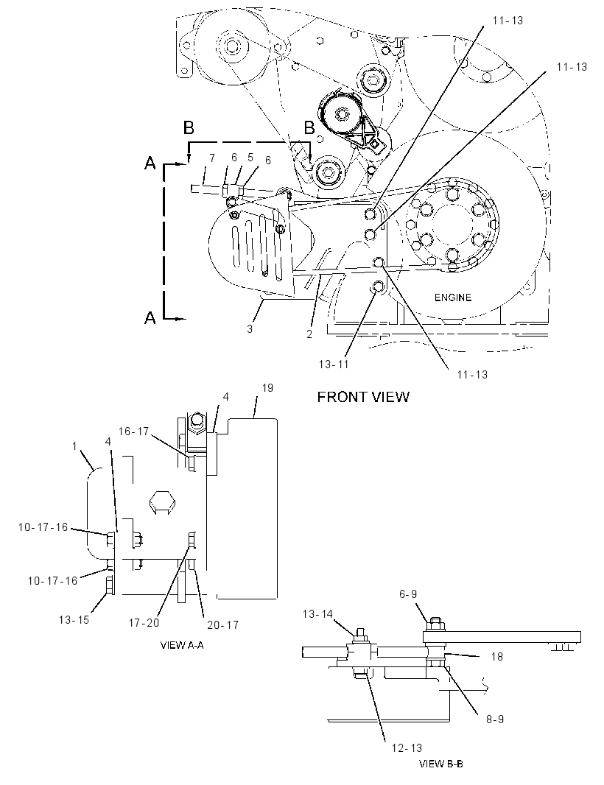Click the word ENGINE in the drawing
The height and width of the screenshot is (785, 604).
pos(453,298)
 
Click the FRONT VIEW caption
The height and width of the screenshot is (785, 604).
pos(364,397)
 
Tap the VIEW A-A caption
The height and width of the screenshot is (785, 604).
pos(182,645)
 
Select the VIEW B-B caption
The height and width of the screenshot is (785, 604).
pos(440,764)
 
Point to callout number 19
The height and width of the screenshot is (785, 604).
pos(267,387)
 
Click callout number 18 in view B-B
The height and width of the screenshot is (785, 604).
pos(496,656)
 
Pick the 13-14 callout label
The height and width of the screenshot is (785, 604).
pos(317,613)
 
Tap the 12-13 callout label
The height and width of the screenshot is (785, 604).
pos(407,747)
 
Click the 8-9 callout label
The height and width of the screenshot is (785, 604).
pos(495,719)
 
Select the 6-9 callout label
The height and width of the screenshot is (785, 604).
pos(407,594)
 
